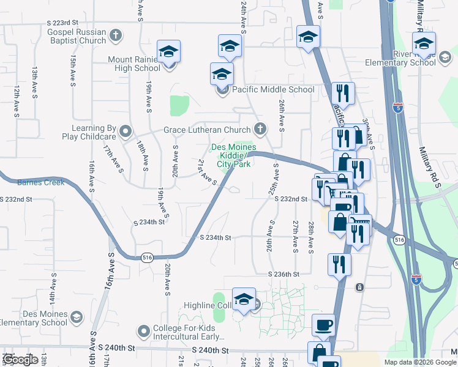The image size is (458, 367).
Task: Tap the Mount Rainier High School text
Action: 134,64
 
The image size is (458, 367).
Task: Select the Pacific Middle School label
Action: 273,89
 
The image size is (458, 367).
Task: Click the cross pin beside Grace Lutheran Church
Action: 260,130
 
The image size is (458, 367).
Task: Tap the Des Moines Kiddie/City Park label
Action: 231,155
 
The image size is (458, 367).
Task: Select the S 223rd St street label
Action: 63,22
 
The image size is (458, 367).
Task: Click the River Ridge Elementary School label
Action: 409,58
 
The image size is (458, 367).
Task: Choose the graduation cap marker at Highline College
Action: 244,300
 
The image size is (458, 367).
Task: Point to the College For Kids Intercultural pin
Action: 144,332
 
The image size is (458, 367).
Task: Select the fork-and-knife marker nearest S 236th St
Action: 339,264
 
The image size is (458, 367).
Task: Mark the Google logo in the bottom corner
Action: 20,359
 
